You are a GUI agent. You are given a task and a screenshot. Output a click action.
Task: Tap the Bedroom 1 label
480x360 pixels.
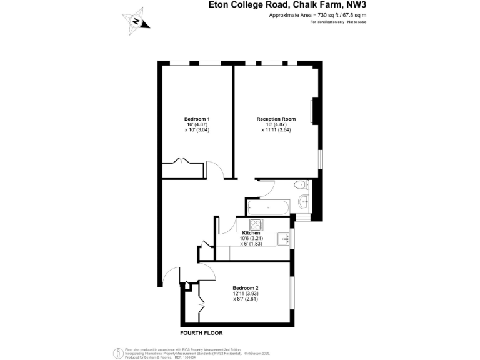pyautogui.click(x=196, y=119)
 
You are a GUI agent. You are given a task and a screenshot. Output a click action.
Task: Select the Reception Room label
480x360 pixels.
pyautogui.click(x=276, y=119)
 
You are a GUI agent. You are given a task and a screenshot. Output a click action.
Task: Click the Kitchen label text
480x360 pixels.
pyautogui.click(x=260, y=233)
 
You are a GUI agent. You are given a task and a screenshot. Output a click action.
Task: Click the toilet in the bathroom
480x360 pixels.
pyautogui.click(x=301, y=184)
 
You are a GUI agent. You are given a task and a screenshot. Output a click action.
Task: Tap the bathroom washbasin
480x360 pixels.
pyautogui.click(x=305, y=201)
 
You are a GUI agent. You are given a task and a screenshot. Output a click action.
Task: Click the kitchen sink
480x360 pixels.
pyautogui.click(x=284, y=238)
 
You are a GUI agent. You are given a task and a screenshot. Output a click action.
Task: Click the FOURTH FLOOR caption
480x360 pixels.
pyautogui.click(x=201, y=332)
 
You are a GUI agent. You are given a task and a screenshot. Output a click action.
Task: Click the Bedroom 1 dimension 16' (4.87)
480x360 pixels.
pyautogui.click(x=196, y=124)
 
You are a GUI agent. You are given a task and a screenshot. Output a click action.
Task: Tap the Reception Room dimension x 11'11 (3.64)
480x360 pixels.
pyautogui.click(x=276, y=130)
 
